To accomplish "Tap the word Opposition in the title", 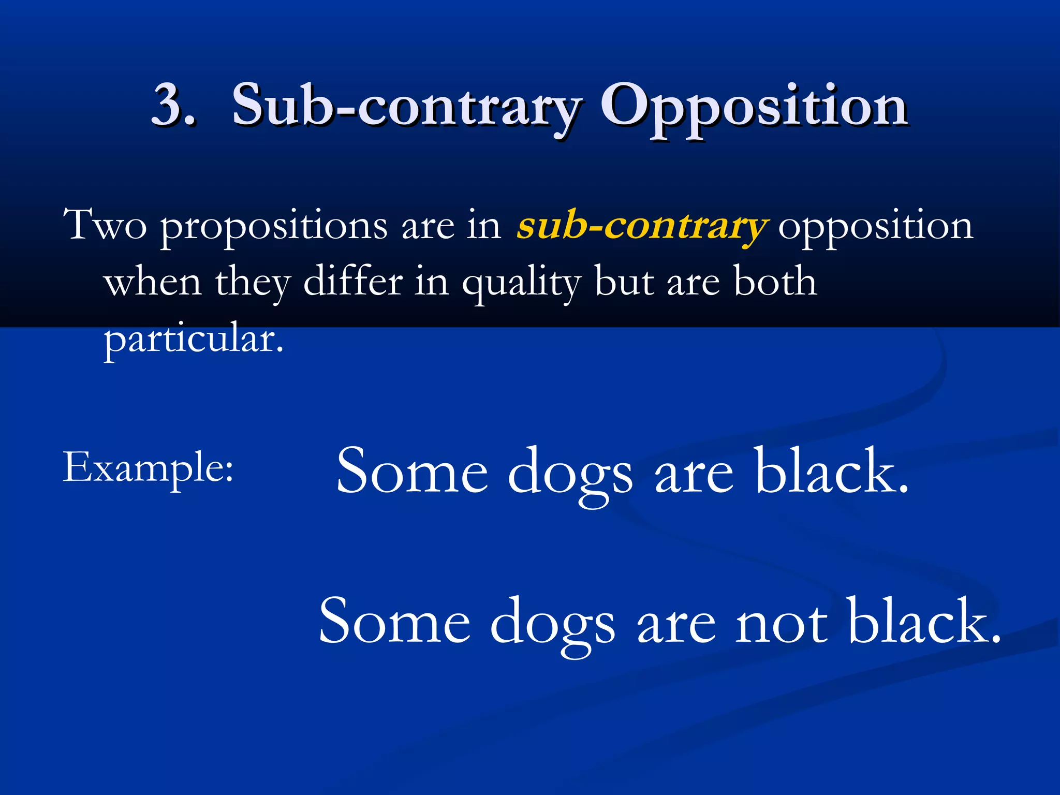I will coord(754,106).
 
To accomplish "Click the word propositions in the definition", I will coord(273,228).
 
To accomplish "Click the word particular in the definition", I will coord(193,339).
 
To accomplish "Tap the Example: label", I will coord(148,468).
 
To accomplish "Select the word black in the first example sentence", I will coord(831,471).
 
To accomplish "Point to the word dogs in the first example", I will coord(570,473).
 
